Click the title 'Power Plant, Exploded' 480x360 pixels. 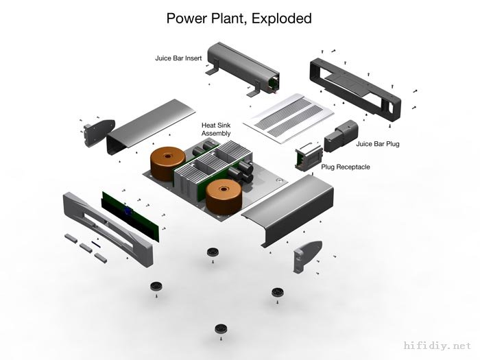coord(239,19)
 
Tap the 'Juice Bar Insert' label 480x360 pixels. coord(178,58)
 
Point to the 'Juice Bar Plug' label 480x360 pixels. coord(377,144)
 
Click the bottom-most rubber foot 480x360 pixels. coord(221,330)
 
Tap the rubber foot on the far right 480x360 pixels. coord(277,293)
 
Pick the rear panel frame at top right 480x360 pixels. coord(352,86)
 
